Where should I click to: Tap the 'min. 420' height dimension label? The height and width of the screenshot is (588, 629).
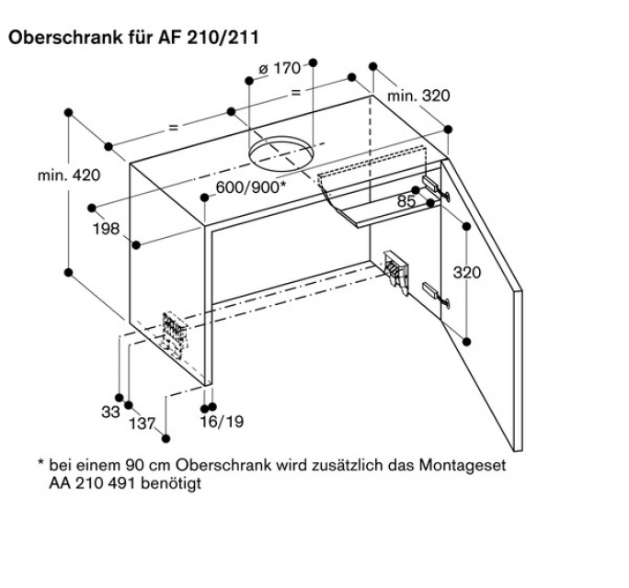[69, 176]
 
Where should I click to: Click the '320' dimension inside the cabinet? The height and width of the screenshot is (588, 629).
[470, 274]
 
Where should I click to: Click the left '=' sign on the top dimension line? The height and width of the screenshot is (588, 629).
[173, 124]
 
